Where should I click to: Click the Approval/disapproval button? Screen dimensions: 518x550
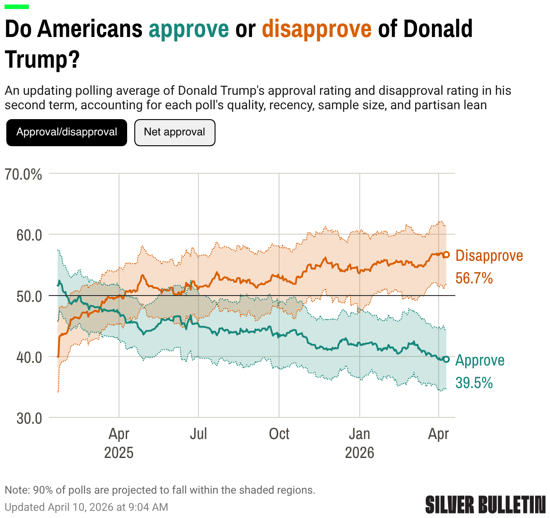coord(67,132)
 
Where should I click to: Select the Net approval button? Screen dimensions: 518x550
coord(174,132)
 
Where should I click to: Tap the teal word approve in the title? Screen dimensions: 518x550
coord(189,29)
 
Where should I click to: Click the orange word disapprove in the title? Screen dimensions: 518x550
coord(317,29)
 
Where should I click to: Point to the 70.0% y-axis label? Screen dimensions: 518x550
coord(23,174)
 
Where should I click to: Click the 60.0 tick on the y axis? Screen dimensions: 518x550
coord(29,235)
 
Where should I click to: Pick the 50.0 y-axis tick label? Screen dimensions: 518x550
coord(29,296)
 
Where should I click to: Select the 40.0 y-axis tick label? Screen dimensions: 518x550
coord(29,357)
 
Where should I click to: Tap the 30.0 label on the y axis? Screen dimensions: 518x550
coord(29,418)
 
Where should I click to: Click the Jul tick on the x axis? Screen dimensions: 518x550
coord(198,434)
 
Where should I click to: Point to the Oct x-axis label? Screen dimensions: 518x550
coord(279,434)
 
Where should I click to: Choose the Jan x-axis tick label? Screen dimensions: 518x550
coord(359,434)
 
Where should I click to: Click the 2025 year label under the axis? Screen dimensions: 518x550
coord(119,453)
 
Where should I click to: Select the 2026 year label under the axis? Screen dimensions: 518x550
coord(359,453)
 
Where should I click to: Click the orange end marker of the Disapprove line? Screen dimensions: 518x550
coord(446,254)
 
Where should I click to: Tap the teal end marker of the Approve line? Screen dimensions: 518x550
coord(446,359)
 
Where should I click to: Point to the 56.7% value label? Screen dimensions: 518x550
coord(474,278)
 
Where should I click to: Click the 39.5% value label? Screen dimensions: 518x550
coord(474,383)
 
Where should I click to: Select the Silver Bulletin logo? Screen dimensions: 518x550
coord(485,504)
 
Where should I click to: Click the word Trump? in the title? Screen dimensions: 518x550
coord(42,60)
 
